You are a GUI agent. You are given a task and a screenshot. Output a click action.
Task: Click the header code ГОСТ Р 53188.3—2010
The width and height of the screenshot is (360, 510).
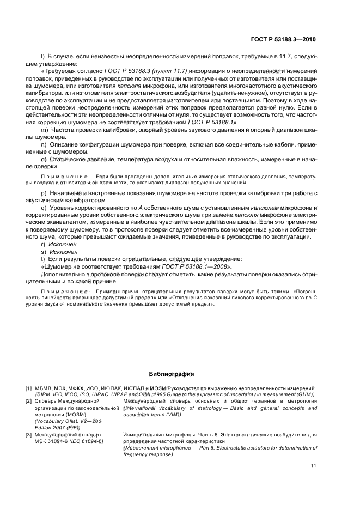(x=283, y=39)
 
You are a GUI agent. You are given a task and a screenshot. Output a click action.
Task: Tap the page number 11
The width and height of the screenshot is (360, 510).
(x=313, y=466)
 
